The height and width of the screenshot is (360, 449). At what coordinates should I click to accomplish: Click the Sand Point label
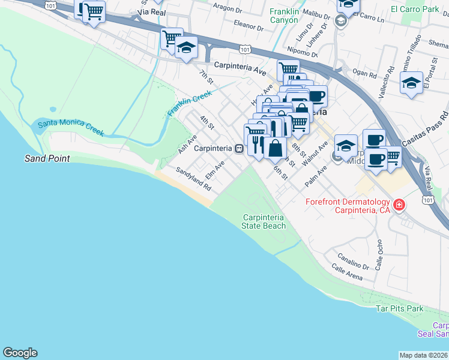pyautogui.click(x=47, y=159)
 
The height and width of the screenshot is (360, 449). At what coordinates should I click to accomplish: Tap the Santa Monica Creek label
pyautogui.click(x=71, y=128)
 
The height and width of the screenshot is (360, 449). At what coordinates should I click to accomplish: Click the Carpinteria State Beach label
pyautogui.click(x=264, y=221)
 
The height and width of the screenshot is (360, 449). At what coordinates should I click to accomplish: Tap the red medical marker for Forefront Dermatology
pyautogui.click(x=399, y=206)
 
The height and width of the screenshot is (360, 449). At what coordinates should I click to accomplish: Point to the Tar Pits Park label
pyautogui.click(x=399, y=309)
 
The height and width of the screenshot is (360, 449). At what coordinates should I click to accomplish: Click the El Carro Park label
pyautogui.click(x=415, y=9)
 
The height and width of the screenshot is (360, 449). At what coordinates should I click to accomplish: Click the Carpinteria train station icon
pyautogui.click(x=239, y=148)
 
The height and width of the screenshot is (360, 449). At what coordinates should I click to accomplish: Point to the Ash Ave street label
pyautogui.click(x=187, y=144)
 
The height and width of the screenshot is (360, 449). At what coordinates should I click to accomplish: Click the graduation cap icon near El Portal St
pyautogui.click(x=412, y=84)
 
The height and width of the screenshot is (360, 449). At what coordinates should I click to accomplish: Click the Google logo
pyautogui.click(x=20, y=353)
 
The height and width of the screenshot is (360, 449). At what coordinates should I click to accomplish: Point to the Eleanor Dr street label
pyautogui.click(x=249, y=27)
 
